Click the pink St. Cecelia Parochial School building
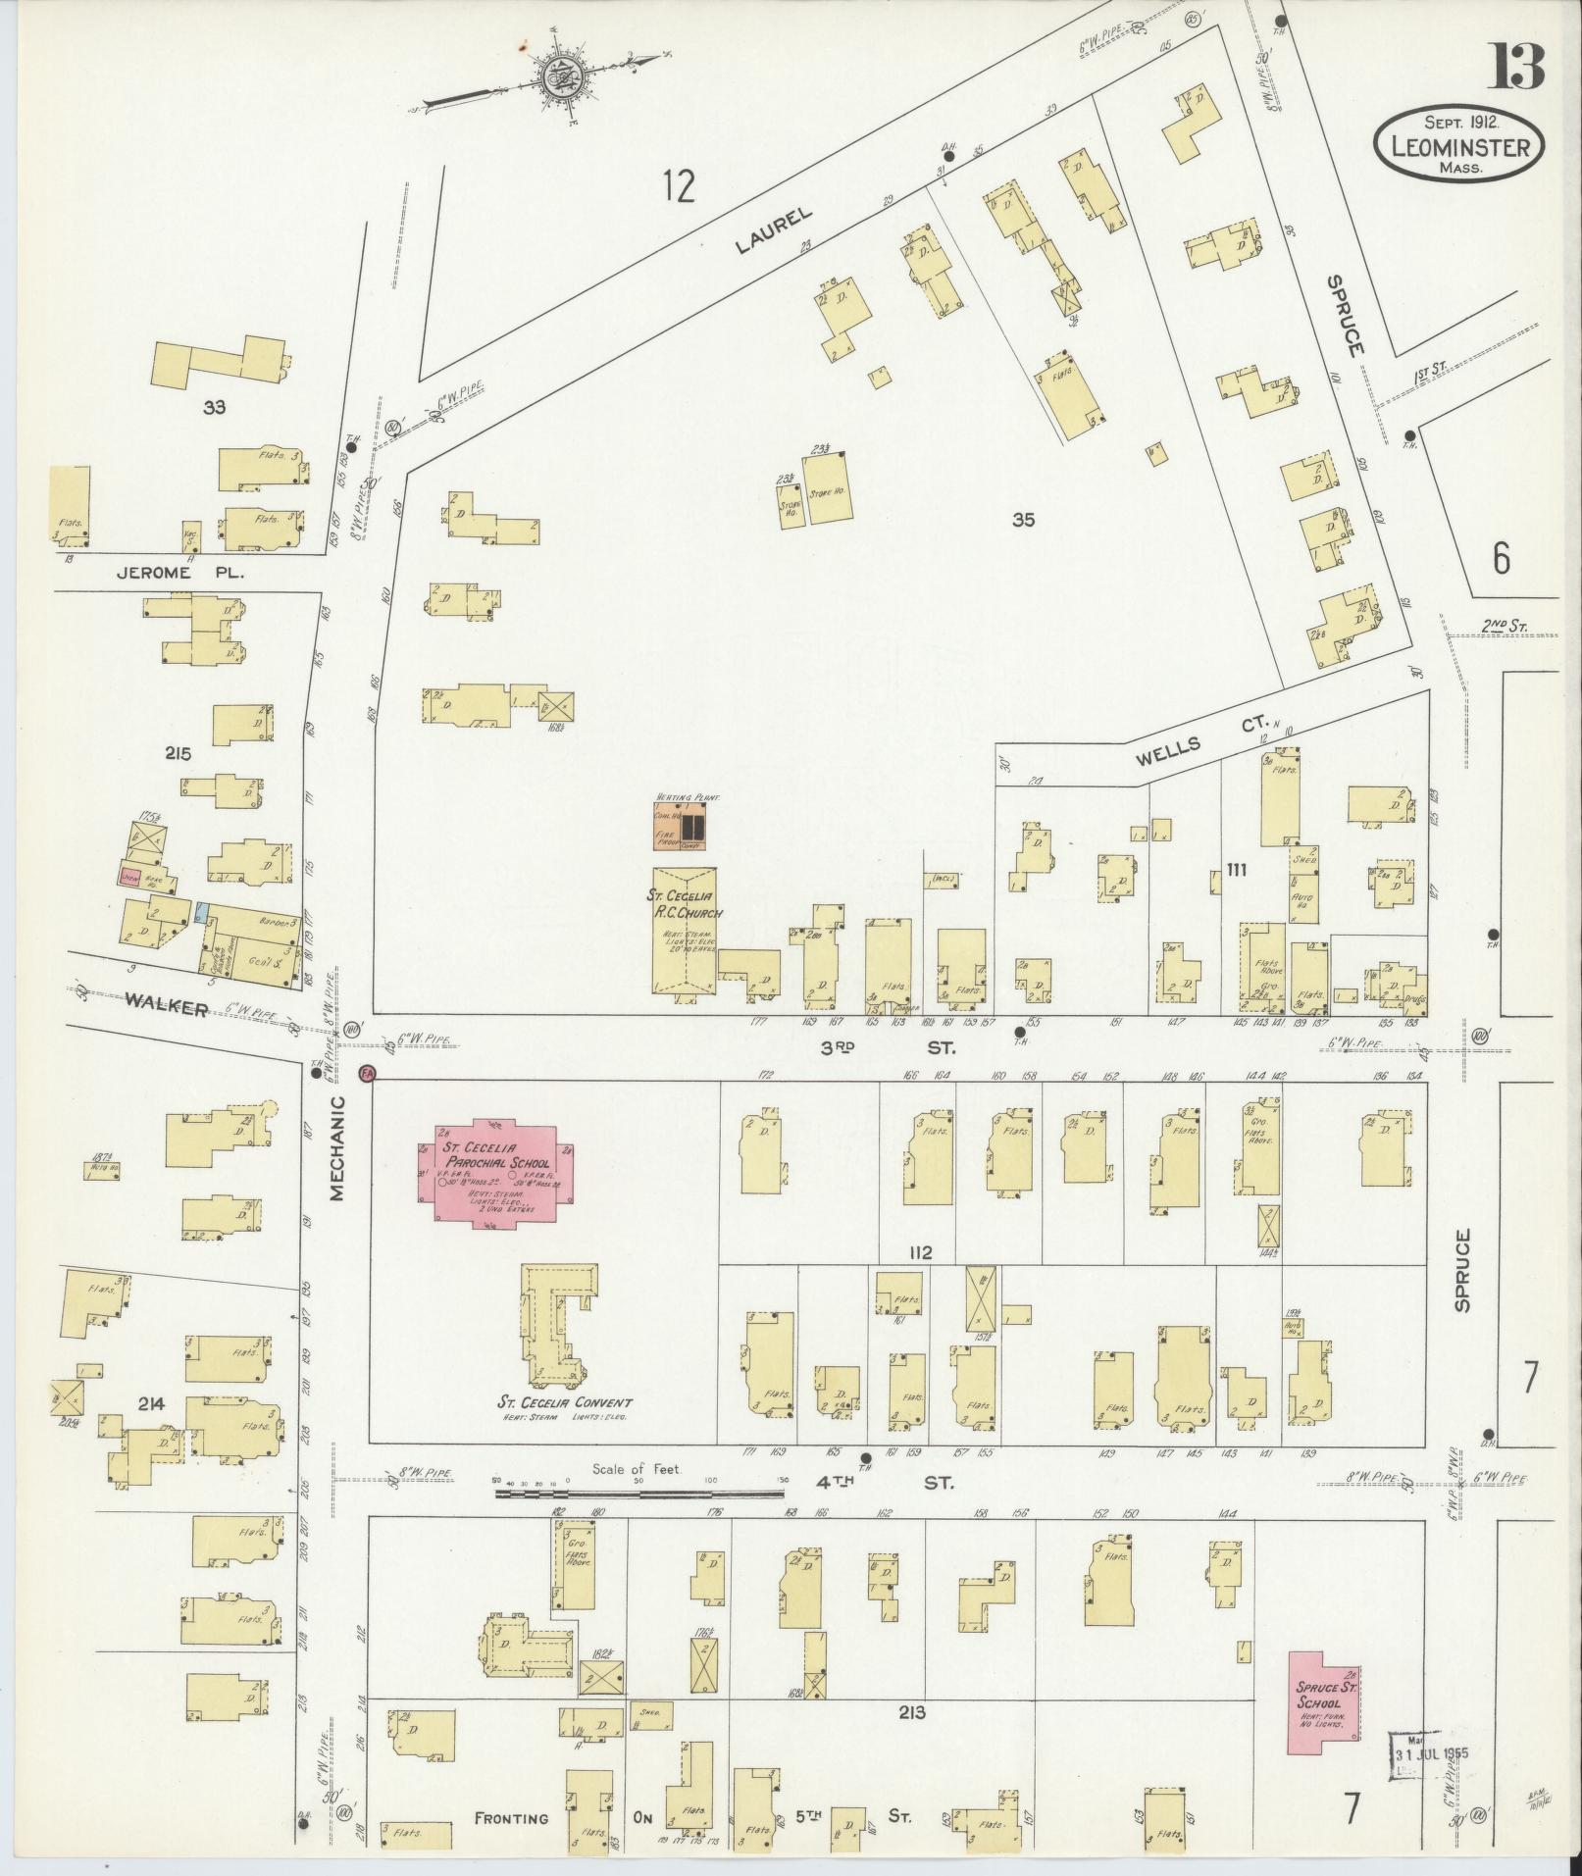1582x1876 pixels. tap(497, 1169)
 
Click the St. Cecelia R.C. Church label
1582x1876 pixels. tap(684, 903)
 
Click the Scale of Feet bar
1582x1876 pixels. tap(638, 1521)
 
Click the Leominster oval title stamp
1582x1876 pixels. tap(1458, 145)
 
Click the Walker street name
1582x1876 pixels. tap(166, 1008)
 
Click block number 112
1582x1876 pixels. tap(919, 1252)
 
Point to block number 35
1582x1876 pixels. tap(1023, 520)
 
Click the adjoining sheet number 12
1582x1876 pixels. tap(678, 184)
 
